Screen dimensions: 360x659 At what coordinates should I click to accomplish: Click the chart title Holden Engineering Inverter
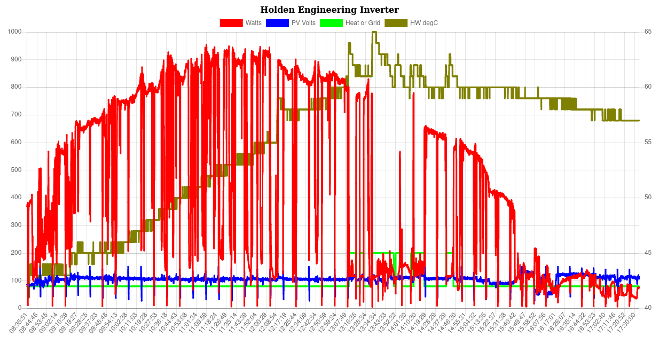coord(330,10)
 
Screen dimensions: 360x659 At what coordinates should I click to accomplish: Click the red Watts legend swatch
coord(231,23)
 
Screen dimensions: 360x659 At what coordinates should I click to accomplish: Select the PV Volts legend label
coord(303,23)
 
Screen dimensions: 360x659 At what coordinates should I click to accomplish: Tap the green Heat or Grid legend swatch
coord(331,23)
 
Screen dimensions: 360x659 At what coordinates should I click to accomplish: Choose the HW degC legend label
coord(424,23)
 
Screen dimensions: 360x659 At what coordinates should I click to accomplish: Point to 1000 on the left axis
coord(14,32)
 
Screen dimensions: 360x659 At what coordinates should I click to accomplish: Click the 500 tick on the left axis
coord(16,170)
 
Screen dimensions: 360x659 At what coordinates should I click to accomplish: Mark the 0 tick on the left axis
coord(20,308)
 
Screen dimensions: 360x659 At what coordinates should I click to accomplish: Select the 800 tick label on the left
coord(16,87)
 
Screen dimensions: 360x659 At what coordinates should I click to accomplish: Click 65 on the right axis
coord(648,32)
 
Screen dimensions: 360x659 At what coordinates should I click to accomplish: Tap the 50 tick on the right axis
coord(648,197)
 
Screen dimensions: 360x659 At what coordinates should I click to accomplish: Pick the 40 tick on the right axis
coord(648,308)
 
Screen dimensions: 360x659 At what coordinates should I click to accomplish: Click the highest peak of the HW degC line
coord(374,32)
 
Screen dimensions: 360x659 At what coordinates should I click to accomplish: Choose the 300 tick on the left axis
coord(16,225)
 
